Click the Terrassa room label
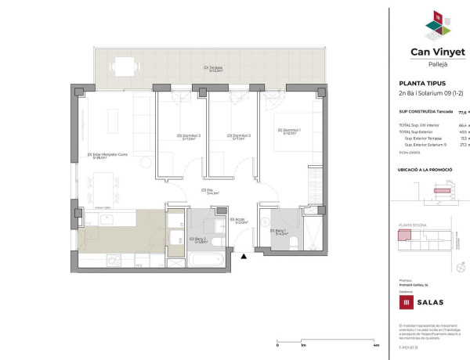[x=211, y=68]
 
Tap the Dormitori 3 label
[x=189, y=136]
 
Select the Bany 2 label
[x=199, y=239]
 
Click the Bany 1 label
[x=282, y=232]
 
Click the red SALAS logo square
[x=407, y=302]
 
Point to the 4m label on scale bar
[x=377, y=345]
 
